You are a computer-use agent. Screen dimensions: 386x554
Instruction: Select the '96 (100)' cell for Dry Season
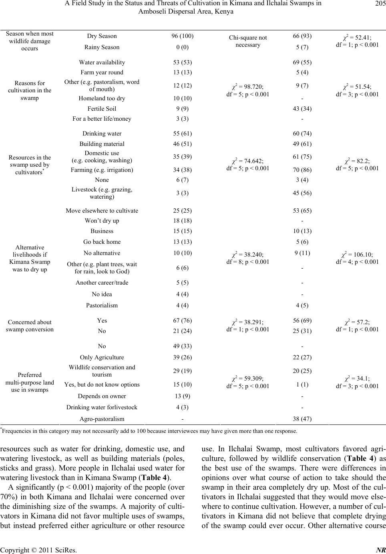[182, 36]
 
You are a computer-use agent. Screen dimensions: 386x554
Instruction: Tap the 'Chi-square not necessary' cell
[248, 41]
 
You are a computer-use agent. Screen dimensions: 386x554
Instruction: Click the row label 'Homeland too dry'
[102, 98]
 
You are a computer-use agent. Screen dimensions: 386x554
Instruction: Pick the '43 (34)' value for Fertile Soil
[302, 109]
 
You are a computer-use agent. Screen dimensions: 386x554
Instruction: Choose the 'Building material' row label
[102, 144]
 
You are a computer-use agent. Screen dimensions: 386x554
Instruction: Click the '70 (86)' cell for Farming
[302, 170]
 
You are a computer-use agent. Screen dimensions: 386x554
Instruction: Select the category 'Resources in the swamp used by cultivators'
[30, 165]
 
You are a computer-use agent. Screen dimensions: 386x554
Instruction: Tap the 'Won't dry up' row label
[102, 221]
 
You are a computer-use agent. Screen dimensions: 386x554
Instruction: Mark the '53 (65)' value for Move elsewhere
[302, 211]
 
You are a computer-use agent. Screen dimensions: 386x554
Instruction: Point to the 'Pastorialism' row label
[102, 305]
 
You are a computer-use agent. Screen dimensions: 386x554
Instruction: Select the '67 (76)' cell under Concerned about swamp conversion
[182, 321]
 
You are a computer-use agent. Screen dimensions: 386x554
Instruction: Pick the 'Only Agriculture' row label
[102, 357]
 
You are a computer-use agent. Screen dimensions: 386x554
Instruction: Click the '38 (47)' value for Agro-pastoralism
[302, 419]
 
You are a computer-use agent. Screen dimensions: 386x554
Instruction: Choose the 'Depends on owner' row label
[102, 396]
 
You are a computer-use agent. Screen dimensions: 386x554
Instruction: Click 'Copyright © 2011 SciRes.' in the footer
[39, 550]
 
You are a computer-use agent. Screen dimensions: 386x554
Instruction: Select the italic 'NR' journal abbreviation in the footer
[380, 550]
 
